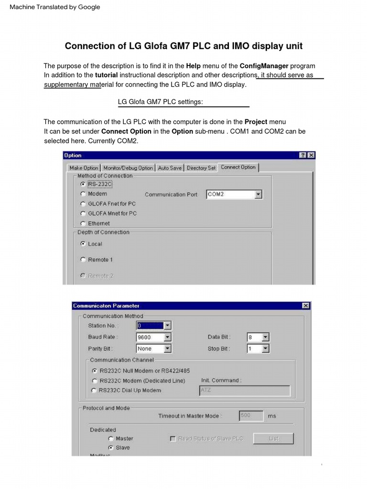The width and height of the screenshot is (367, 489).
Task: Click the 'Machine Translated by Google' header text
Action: (x=55, y=7)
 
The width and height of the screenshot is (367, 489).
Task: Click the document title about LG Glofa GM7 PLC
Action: (x=183, y=46)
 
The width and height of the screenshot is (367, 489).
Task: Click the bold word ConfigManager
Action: (x=264, y=66)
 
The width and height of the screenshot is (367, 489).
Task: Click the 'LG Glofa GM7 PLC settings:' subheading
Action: (x=160, y=102)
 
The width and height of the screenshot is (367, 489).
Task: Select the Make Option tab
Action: (x=84, y=168)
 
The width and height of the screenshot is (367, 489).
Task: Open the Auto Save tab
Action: (x=170, y=168)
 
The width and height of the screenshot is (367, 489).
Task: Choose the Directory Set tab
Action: (x=201, y=168)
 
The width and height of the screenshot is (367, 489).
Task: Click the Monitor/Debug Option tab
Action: (x=128, y=168)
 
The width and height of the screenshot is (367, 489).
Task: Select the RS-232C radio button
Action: (x=83, y=184)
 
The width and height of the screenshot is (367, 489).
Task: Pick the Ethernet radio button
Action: (x=83, y=223)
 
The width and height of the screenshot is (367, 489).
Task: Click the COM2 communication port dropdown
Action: (x=234, y=194)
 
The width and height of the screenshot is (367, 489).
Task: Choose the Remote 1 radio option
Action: (x=83, y=260)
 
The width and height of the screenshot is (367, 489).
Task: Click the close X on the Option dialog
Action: (x=311, y=155)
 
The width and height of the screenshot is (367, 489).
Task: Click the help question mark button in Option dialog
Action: (x=303, y=155)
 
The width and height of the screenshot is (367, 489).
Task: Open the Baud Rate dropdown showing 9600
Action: (x=153, y=337)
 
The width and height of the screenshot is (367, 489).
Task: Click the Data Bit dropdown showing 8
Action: (x=258, y=337)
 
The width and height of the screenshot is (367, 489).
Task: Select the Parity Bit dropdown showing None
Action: (x=153, y=349)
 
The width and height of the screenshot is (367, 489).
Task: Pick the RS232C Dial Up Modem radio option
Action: (x=94, y=391)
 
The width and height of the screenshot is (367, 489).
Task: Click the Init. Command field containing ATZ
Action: (x=244, y=391)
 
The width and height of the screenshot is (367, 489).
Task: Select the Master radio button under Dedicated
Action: (x=111, y=438)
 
